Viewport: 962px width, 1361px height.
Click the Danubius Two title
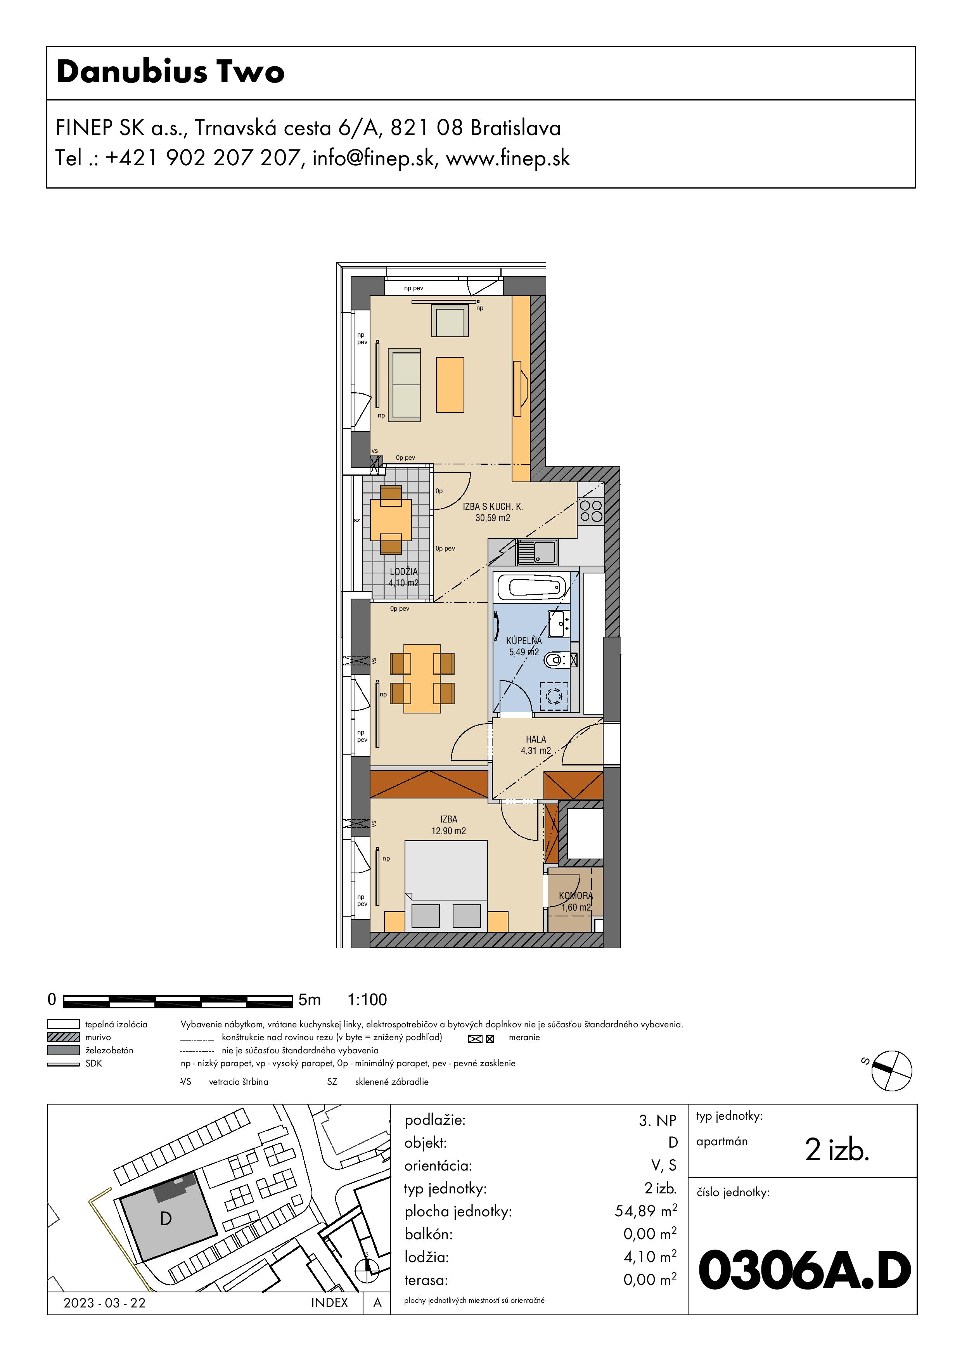coord(171,72)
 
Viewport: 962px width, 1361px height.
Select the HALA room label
coord(536,739)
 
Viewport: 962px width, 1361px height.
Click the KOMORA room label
coord(576,896)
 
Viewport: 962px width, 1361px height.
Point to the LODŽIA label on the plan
coord(404,571)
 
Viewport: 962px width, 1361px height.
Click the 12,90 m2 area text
coord(449,831)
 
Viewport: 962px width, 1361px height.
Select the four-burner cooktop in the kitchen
coord(591,511)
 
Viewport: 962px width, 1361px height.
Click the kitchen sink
coord(537,552)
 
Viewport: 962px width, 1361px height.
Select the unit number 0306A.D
coord(805,1270)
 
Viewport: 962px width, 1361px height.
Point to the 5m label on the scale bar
coord(310,999)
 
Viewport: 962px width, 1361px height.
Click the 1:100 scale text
coord(367,999)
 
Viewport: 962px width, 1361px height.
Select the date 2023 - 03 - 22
coord(104,1302)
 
